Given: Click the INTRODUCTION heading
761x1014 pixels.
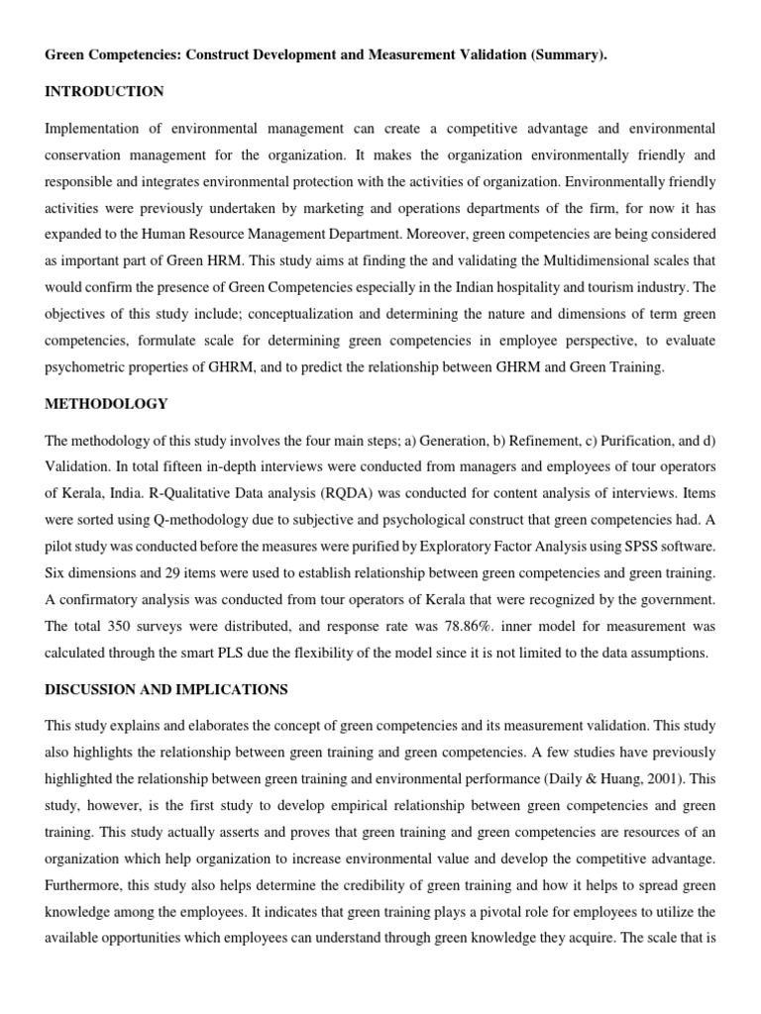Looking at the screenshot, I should tap(104, 92).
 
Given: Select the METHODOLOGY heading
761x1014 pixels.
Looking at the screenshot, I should tap(106, 404).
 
